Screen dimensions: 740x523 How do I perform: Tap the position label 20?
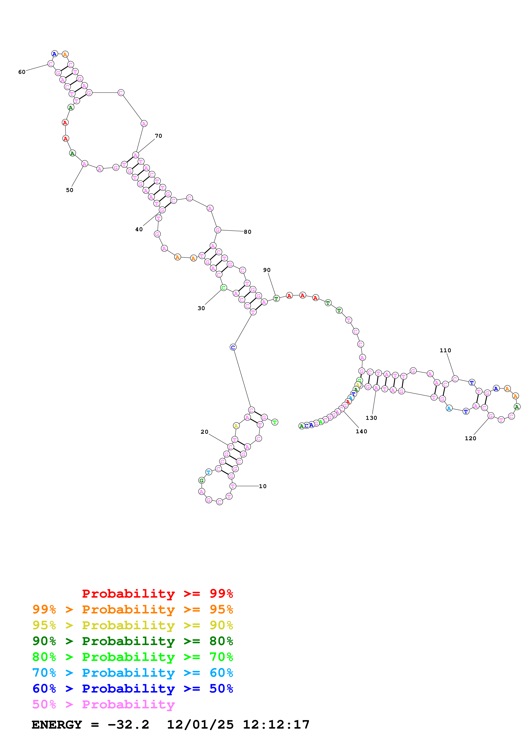pyautogui.click(x=204, y=432)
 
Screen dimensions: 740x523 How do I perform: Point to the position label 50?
pyautogui.click(x=70, y=190)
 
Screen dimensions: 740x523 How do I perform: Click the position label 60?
pyautogui.click(x=22, y=72)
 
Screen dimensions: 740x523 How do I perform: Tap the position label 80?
pyautogui.click(x=247, y=232)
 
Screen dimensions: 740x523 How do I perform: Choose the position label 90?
pyautogui.click(x=267, y=270)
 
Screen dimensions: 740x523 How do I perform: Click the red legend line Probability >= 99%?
pyautogui.click(x=157, y=593)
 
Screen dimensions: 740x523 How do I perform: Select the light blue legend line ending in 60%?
pyautogui.click(x=132, y=673)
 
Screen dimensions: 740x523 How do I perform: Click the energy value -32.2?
pyautogui.click(x=128, y=725)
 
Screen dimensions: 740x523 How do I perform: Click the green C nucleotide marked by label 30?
pyautogui.click(x=223, y=288)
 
